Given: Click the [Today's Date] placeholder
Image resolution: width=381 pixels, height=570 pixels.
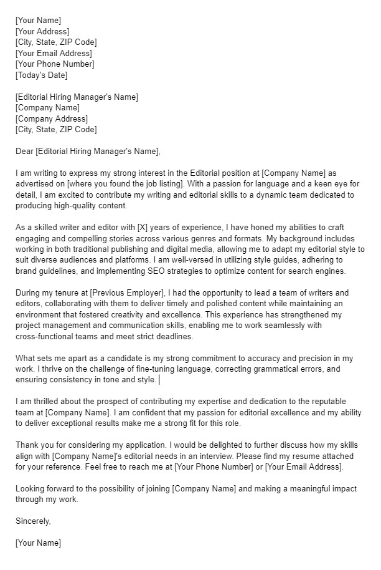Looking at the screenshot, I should pos(41,75).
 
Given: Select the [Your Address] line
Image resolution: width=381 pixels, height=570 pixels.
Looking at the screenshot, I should pos(42,31).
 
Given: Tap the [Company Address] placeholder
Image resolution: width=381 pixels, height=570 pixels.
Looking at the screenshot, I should pos(52,118).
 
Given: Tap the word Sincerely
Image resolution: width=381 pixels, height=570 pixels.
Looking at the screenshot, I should pos(33,521).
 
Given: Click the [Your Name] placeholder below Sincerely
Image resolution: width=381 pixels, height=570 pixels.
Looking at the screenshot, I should pos(39,543).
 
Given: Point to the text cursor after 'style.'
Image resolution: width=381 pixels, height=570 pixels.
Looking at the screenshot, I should pos(160,379).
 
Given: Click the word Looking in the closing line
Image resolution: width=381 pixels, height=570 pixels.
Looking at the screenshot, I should pos(31,488).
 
